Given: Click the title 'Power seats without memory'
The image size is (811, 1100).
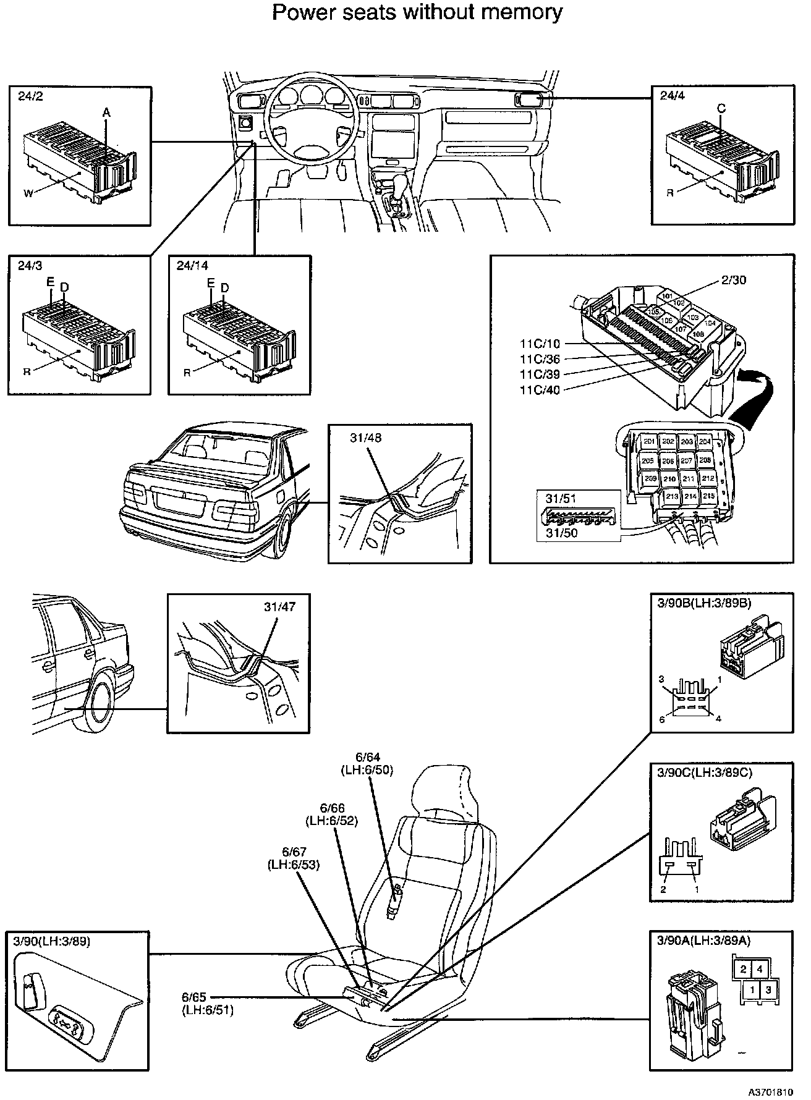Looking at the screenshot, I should click(x=417, y=12).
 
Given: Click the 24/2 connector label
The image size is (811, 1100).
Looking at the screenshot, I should click(x=30, y=96).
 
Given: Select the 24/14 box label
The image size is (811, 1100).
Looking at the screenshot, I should click(x=192, y=266).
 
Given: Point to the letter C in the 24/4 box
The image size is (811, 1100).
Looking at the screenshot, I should click(x=721, y=109).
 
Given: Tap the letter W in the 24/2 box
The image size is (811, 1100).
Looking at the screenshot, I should click(x=28, y=193).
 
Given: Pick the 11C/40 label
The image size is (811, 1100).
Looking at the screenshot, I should click(x=540, y=390).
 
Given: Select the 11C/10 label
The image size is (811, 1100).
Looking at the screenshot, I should click(x=540, y=344).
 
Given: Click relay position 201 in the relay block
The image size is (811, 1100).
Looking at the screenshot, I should click(x=648, y=442).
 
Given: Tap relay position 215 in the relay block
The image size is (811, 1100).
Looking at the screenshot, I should click(x=708, y=496).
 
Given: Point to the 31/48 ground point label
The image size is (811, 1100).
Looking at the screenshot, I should click(x=365, y=438).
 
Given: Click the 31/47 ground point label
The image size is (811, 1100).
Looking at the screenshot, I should click(x=279, y=607).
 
